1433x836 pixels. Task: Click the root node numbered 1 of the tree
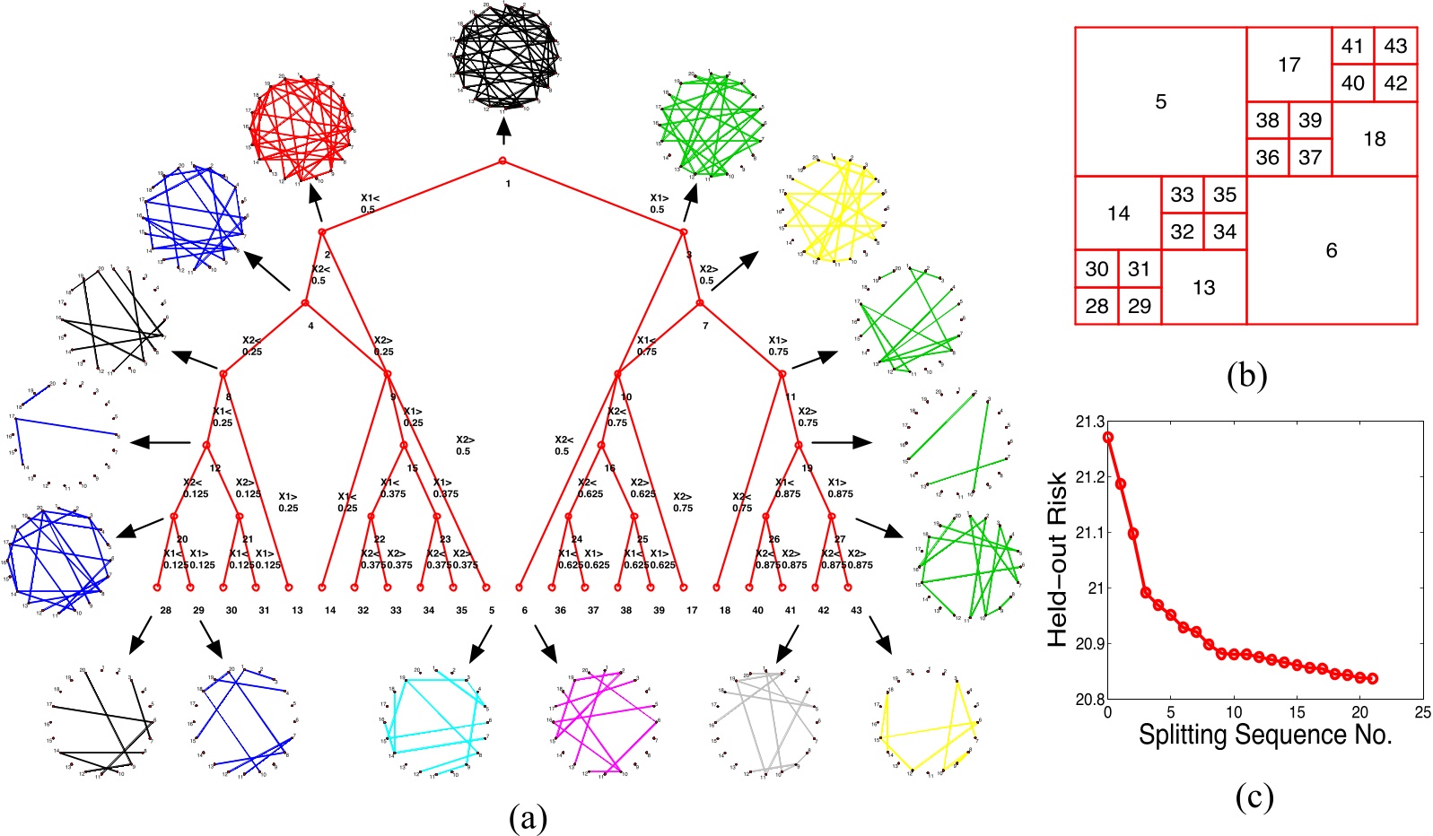pos(502,161)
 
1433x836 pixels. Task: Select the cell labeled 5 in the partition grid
pos(1160,101)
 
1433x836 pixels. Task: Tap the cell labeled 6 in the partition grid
pos(1332,250)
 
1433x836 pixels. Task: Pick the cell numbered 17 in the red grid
pos(1289,65)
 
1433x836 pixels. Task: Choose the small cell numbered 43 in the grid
pos(1395,46)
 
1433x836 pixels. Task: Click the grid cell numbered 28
pos(1097,306)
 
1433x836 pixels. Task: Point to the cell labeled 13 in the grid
pos(1203,287)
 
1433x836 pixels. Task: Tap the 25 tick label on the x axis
pos(1422,712)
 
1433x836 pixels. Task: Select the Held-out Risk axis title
pos(1059,558)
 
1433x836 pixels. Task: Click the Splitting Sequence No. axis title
pos(1265,735)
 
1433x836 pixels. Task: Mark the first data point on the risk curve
pos(1108,437)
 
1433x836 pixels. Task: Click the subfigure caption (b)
pos(1246,376)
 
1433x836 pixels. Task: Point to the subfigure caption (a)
pos(527,817)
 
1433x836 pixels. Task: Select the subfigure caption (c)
pos(1254,797)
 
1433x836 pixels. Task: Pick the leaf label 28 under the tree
pos(165,610)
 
